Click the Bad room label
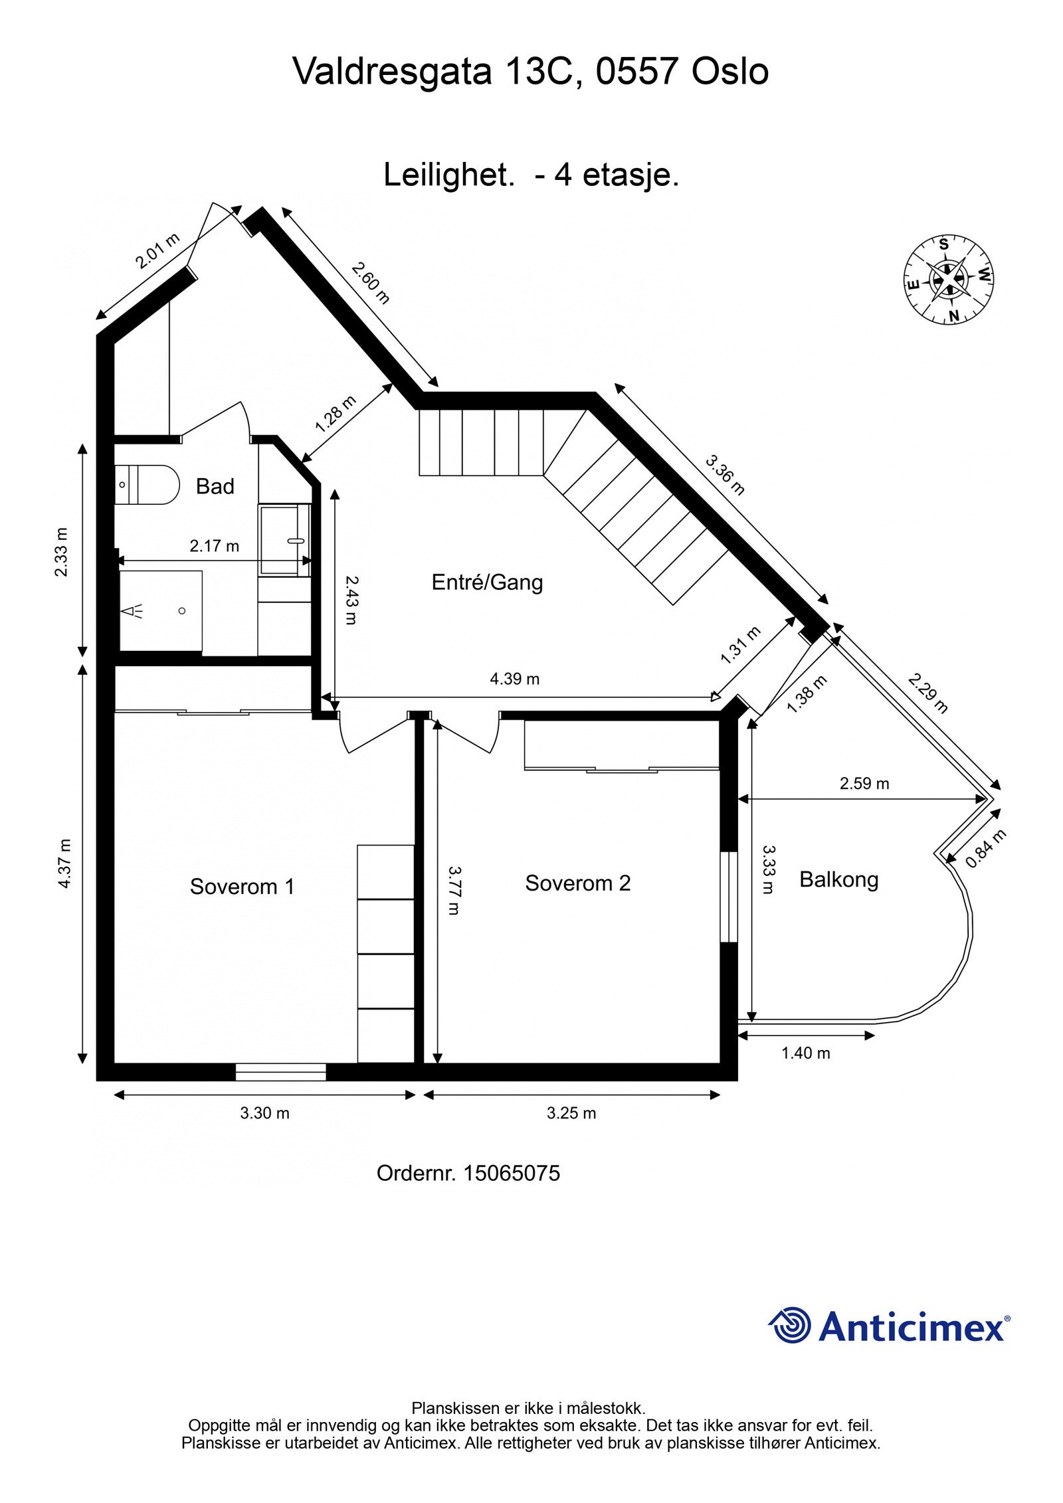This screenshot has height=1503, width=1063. [x=215, y=486]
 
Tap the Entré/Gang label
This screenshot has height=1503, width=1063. [x=487, y=582]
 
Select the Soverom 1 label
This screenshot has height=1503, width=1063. [x=242, y=886]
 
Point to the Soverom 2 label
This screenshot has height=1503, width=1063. [x=577, y=883]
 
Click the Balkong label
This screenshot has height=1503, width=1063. [x=838, y=879]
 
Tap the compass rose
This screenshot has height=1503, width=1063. [x=949, y=280]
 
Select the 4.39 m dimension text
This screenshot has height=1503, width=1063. [x=514, y=679]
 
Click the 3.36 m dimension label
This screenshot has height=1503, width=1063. [x=725, y=475]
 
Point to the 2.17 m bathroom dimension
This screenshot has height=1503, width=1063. [x=214, y=546]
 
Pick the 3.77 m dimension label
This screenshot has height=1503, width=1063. [x=454, y=889]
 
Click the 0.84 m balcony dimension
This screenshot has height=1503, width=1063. [x=986, y=848]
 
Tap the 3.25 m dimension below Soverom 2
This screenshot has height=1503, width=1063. [x=571, y=1113]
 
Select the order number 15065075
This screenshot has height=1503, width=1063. [x=511, y=1174]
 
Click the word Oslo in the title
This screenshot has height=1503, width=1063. [x=730, y=72]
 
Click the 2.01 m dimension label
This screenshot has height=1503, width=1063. [x=157, y=250]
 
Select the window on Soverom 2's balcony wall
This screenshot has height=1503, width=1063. [x=729, y=896]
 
